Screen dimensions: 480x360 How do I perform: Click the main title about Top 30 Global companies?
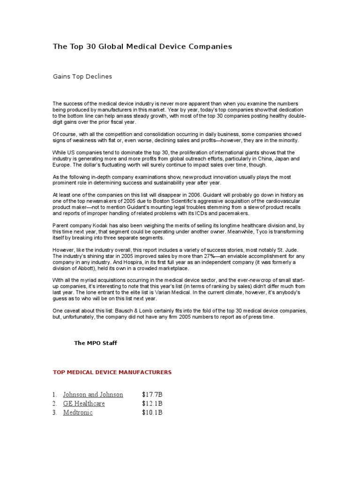pos(142,46)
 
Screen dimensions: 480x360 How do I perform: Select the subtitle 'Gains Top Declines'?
pos(82,76)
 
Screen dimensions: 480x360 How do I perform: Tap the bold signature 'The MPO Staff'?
pos(96,343)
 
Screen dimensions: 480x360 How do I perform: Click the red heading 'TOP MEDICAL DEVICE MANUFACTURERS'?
pos(112,372)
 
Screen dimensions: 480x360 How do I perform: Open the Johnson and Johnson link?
pos(93,395)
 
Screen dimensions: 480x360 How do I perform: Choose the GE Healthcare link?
pos(84,404)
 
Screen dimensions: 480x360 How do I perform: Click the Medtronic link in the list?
pos(78,412)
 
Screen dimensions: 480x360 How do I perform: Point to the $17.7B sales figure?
pos(152,395)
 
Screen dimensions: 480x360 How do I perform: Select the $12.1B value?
pos(152,404)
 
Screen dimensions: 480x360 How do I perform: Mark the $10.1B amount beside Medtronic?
pos(152,412)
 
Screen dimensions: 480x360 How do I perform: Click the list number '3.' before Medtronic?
pos(55,412)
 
